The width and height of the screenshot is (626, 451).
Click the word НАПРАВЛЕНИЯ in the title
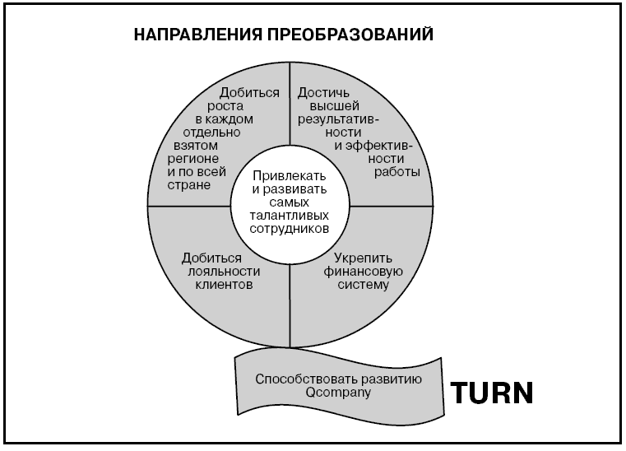coord(198,35)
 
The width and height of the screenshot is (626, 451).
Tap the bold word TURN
coord(491,393)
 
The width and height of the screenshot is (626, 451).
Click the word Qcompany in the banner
coord(338,393)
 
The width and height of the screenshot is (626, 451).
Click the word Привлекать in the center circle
coord(290,176)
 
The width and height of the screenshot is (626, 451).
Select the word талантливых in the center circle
coord(290,216)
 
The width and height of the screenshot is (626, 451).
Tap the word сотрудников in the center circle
coord(290,229)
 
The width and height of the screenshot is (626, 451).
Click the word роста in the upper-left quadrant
coord(225,106)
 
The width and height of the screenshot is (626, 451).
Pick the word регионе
coord(193,159)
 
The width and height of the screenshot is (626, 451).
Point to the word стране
coord(189,185)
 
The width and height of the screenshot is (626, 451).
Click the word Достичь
coord(323,93)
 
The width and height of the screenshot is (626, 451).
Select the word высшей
coord(335,106)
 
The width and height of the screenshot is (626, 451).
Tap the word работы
coord(396,172)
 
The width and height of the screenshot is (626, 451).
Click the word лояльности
coord(224,272)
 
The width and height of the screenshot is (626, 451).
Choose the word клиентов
coord(224,285)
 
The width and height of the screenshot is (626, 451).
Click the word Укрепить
coord(363,258)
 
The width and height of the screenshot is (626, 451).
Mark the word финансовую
coord(363,272)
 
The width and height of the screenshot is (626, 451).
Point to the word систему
coord(363,285)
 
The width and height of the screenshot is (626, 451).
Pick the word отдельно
coord(211,133)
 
